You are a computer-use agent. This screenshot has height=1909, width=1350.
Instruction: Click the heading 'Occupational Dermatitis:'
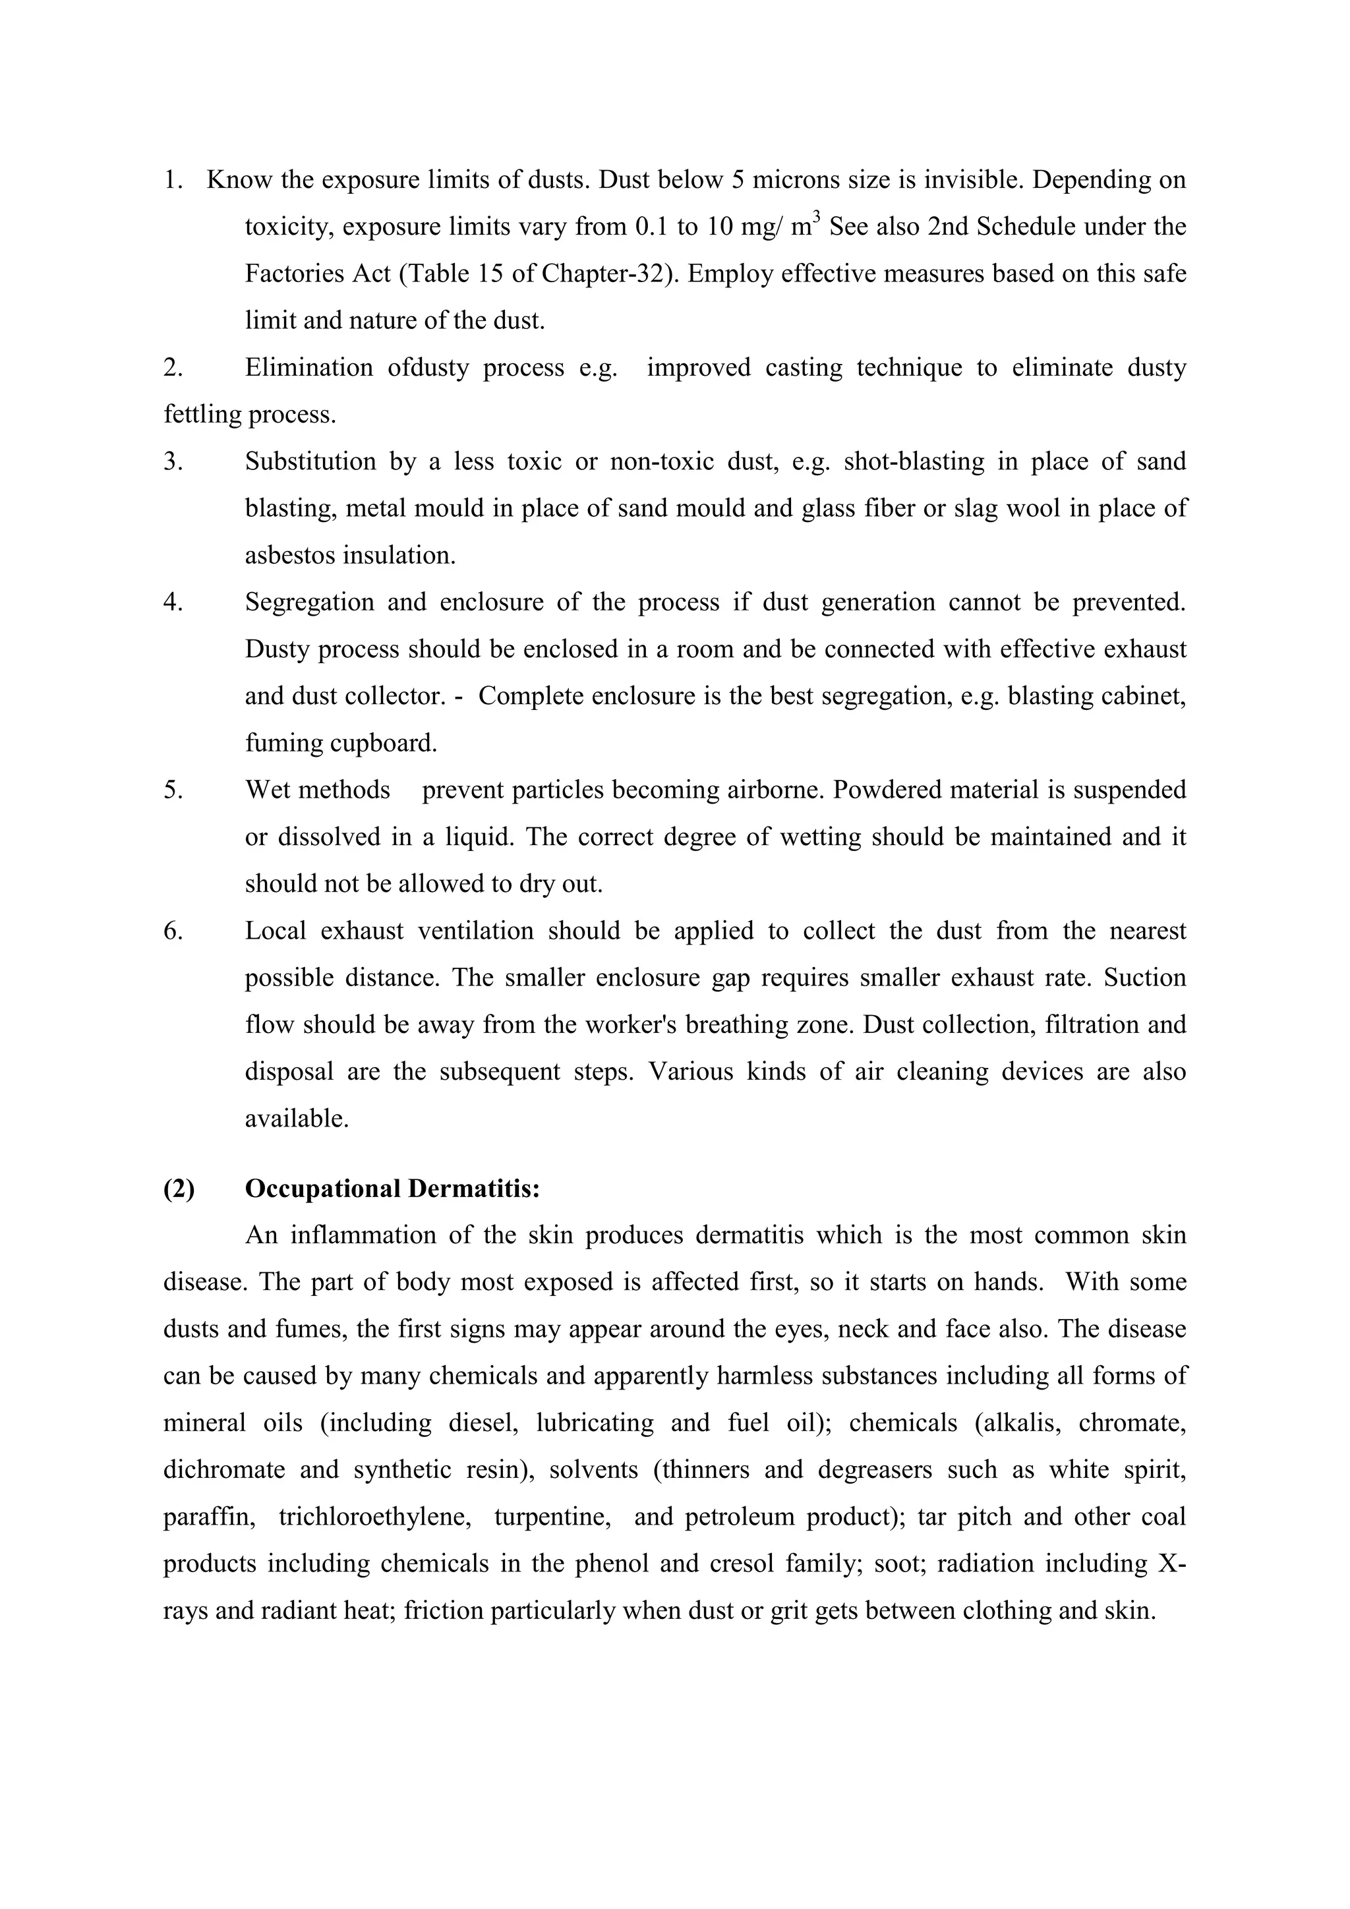tap(392, 1189)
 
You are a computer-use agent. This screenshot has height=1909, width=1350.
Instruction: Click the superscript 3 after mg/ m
tap(817, 218)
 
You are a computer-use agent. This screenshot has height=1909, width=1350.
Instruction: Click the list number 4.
tap(173, 602)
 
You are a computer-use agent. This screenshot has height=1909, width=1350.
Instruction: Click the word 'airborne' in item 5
tap(775, 790)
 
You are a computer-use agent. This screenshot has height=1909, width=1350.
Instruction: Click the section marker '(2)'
tap(179, 1189)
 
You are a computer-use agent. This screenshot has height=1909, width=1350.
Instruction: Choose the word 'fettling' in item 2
tap(203, 414)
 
